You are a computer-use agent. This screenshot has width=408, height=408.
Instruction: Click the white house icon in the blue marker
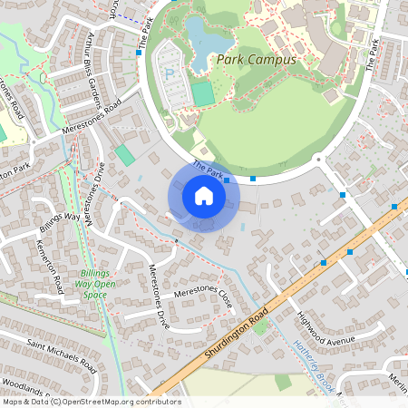204,196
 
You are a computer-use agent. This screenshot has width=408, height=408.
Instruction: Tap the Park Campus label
257,60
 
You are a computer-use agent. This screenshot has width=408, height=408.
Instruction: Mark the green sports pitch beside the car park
203,93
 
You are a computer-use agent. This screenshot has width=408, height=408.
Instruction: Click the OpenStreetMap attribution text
91,402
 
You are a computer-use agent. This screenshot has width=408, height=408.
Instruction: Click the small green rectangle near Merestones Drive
125,155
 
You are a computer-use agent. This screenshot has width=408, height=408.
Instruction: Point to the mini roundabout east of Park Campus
319,161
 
